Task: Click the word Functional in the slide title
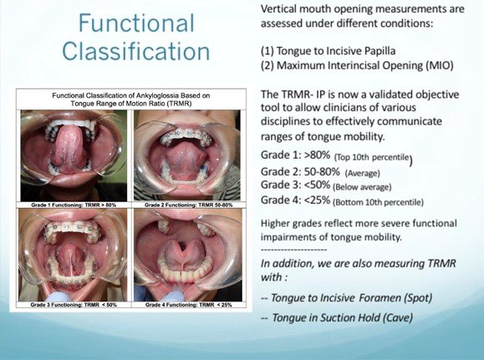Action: (136, 23)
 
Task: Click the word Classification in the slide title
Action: (136, 51)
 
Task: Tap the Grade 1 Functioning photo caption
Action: (74, 205)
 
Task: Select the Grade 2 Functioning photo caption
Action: (188, 205)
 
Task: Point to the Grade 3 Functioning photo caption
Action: (74, 305)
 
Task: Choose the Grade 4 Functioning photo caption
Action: (188, 305)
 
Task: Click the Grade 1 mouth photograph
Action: (74, 156)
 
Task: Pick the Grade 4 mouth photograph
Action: (188, 255)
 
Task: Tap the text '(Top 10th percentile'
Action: (372, 157)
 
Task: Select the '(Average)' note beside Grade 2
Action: (363, 173)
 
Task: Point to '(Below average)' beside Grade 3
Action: (362, 187)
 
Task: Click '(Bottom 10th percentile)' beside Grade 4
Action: (378, 202)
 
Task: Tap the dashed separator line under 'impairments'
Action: (293, 250)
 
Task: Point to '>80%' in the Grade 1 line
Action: (318, 155)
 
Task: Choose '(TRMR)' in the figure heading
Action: (178, 104)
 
